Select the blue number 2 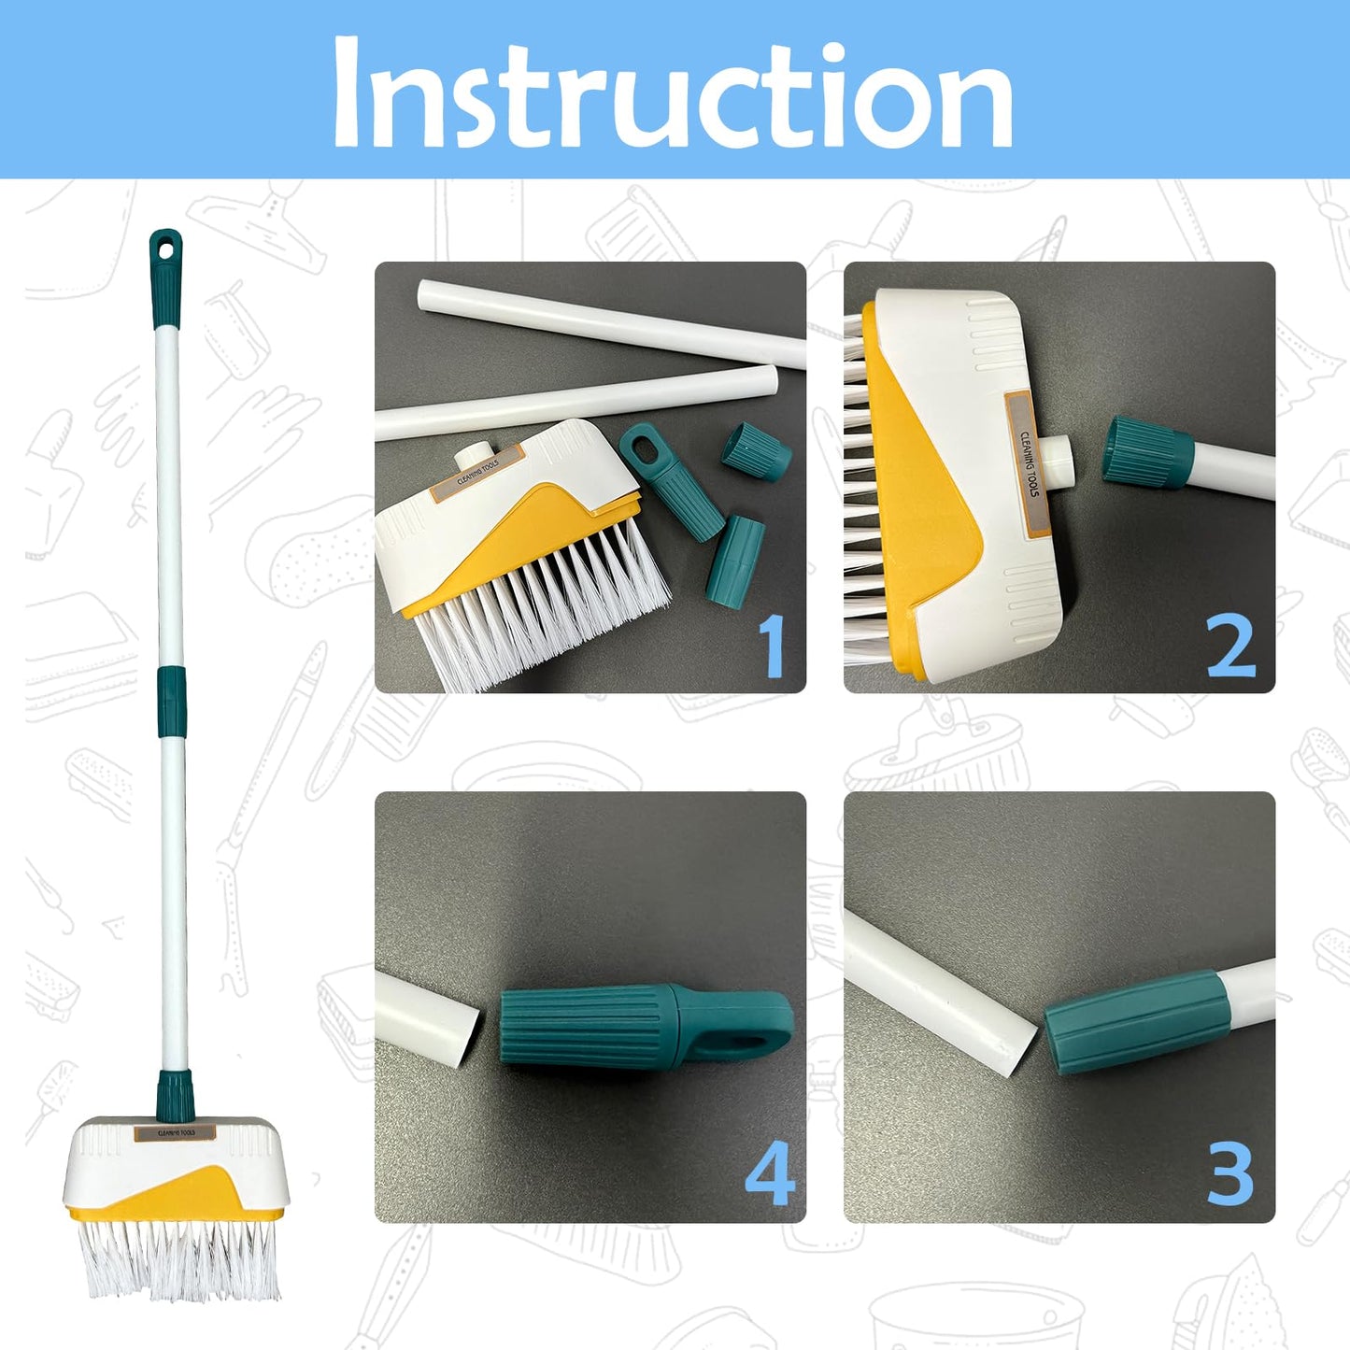pyautogui.click(x=1230, y=646)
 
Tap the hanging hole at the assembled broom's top pyautogui.click(x=166, y=250)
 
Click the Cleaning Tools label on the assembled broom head pyautogui.click(x=175, y=1133)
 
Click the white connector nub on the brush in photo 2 pyautogui.click(x=1059, y=461)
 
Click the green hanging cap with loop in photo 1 pyautogui.click(x=667, y=480)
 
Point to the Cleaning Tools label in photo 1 pyautogui.click(x=478, y=475)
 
